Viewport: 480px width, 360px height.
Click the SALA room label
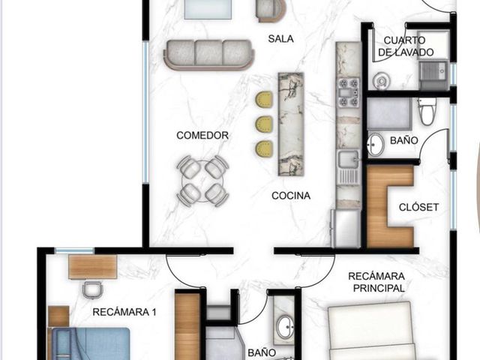[280, 39]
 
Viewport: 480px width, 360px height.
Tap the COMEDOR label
[202, 135]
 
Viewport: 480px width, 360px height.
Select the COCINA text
[291, 196]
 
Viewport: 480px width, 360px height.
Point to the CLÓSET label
[418, 207]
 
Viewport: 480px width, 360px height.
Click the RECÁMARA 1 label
[124, 312]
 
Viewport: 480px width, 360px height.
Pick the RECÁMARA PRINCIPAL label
[376, 282]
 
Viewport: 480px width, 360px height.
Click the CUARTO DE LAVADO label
[406, 46]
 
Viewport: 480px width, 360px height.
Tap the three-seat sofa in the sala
[209, 55]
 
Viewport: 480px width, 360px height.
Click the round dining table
[202, 181]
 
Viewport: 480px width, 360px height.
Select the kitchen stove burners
[348, 92]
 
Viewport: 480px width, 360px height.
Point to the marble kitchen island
[291, 124]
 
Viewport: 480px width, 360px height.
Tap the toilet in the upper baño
[427, 112]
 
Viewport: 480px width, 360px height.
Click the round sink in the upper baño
[376, 145]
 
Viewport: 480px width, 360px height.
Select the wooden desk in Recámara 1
[93, 267]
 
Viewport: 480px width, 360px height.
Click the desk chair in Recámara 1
[92, 289]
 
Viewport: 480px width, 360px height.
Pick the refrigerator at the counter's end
[346, 228]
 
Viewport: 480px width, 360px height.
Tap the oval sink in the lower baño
[286, 327]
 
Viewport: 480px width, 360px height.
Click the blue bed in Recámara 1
[90, 343]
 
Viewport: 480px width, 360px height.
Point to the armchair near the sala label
[271, 10]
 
